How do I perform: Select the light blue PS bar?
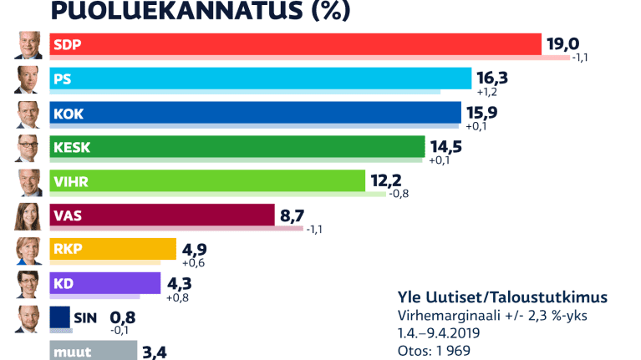(x=260, y=79)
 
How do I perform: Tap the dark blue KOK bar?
(x=255, y=113)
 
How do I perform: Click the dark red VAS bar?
(x=162, y=215)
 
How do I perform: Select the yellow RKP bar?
(x=113, y=250)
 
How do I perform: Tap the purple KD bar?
(x=104, y=284)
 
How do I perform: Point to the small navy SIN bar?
(x=60, y=317)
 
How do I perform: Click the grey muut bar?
(x=93, y=351)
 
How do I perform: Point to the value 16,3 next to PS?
(x=491, y=79)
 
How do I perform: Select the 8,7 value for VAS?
(x=293, y=215)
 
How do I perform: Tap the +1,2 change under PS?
(x=488, y=93)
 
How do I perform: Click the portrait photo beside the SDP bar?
(x=28, y=45)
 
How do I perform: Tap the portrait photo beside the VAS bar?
(x=28, y=215)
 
